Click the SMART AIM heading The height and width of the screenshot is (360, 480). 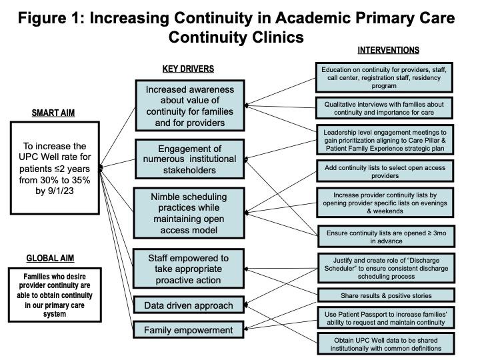53,113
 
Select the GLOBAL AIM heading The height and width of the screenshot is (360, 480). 50,259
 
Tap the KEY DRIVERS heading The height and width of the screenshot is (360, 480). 188,69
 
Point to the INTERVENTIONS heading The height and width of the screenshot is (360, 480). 389,50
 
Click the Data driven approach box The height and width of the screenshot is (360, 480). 189,305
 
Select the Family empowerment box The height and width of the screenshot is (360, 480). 189,330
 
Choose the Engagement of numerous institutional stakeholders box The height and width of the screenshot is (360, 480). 190,159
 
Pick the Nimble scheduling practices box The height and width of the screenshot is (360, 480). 189,213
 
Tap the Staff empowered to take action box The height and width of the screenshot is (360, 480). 189,269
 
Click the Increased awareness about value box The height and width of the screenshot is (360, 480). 190,105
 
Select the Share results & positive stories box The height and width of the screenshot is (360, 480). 386,295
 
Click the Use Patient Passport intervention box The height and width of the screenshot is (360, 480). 386,318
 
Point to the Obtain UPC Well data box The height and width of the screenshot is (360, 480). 386,344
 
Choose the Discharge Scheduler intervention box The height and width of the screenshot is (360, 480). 386,268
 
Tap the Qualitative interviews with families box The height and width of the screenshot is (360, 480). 384,108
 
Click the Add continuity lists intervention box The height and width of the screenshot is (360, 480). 385,171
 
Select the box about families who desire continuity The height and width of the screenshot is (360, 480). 55,295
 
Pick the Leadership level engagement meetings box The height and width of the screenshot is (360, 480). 385,140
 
